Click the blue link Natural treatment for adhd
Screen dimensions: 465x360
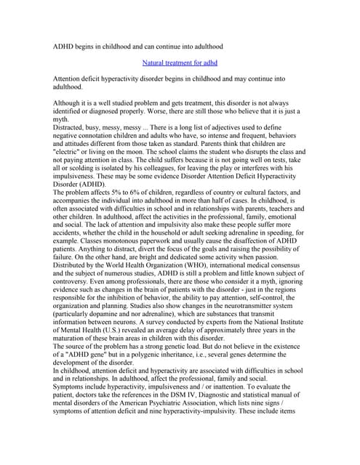(x=180, y=63)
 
